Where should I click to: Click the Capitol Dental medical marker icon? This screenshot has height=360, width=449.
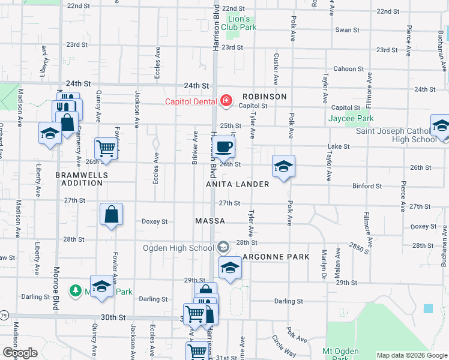pyautogui.click(x=226, y=100)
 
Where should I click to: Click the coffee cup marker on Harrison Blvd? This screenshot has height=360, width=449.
pyautogui.click(x=224, y=146)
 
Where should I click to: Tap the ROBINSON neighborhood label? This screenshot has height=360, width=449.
pyautogui.click(x=265, y=97)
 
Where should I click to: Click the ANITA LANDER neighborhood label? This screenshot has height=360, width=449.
pyautogui.click(x=238, y=184)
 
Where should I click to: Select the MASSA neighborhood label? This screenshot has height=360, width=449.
pyautogui.click(x=210, y=221)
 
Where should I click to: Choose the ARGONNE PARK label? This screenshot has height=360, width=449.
pyautogui.click(x=276, y=257)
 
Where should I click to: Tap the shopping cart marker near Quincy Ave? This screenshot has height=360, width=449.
pyautogui.click(x=106, y=148)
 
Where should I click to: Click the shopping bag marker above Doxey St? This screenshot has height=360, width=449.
pyautogui.click(x=112, y=214)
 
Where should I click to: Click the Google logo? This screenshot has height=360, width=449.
pyautogui.click(x=19, y=353)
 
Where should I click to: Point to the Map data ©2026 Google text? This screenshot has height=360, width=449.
pyautogui.click(x=411, y=355)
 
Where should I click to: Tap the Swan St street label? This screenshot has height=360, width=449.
pyautogui.click(x=347, y=29)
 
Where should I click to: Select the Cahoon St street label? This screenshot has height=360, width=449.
pyautogui.click(x=345, y=69)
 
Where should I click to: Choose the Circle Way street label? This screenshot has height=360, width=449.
pyautogui.click(x=283, y=346)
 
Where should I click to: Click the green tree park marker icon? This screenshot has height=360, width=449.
pyautogui.click(x=76, y=291)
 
